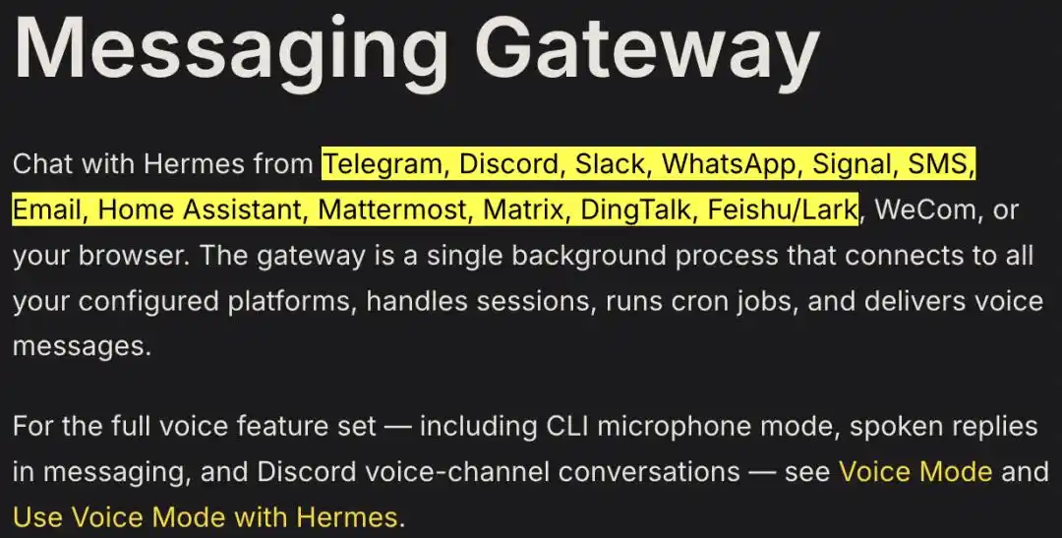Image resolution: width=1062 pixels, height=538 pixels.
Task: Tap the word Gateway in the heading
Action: point(647,47)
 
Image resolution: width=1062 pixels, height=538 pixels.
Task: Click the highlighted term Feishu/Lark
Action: point(783,210)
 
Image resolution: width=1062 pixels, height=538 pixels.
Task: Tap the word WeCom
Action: point(926,210)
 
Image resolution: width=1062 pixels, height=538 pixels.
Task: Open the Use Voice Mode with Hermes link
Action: point(206,517)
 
